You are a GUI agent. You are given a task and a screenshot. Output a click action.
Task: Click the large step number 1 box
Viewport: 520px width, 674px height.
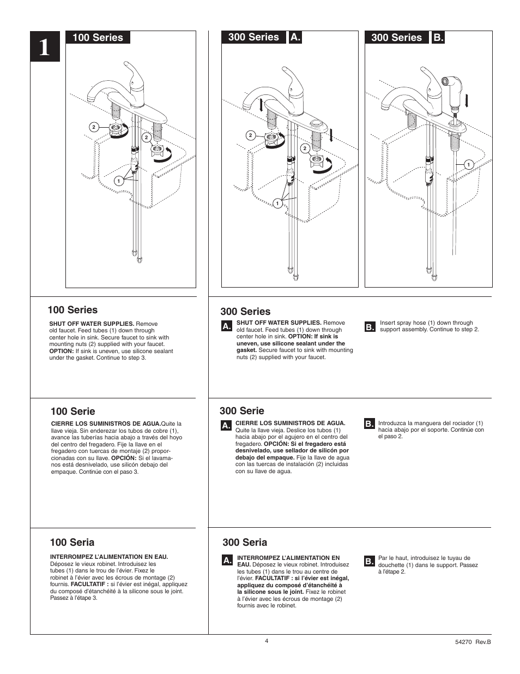(44, 49)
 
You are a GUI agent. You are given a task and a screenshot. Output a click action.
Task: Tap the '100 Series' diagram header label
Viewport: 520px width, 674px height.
(97, 37)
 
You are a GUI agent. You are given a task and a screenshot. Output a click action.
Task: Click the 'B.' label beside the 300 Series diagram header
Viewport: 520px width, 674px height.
(438, 37)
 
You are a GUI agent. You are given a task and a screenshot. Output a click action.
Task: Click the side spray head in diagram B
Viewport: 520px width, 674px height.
(454, 84)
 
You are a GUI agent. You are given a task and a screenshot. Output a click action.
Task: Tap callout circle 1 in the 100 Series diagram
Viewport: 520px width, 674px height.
(117, 181)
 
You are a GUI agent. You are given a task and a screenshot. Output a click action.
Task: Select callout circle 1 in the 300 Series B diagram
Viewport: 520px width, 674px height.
(468, 164)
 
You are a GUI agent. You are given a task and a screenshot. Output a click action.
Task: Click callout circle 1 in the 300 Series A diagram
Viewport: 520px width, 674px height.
(277, 204)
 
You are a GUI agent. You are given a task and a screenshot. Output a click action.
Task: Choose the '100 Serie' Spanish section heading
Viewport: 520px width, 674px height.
(72, 411)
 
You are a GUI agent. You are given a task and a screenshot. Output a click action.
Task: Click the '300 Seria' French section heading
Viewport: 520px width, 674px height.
(245, 542)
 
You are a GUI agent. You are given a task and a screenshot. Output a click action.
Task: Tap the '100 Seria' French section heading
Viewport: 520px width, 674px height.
(71, 542)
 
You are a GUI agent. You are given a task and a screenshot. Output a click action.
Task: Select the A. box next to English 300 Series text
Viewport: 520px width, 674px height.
(227, 326)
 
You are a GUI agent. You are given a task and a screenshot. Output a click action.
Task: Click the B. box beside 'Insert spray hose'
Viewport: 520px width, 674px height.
(370, 326)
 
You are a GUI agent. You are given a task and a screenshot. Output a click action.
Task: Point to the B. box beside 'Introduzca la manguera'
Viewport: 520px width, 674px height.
(369, 424)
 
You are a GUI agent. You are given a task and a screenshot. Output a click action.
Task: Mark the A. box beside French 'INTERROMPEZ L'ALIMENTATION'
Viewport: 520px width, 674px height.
(228, 560)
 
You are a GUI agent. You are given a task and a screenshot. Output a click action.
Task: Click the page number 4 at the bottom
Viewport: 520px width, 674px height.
(267, 641)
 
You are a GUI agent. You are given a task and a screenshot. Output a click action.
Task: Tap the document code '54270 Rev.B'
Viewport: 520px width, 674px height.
(473, 642)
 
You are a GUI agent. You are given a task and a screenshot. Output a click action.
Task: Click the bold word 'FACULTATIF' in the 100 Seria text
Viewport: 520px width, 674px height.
(88, 584)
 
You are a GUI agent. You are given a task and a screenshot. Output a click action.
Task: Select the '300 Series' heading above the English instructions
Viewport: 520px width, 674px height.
(245, 312)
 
